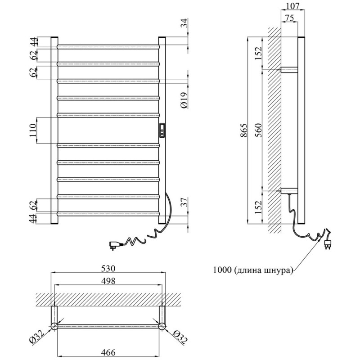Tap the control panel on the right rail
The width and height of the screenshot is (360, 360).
162,130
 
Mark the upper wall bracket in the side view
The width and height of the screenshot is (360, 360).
289,70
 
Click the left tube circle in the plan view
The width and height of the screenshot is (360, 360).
54,325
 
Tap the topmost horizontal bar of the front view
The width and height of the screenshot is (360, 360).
108,46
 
